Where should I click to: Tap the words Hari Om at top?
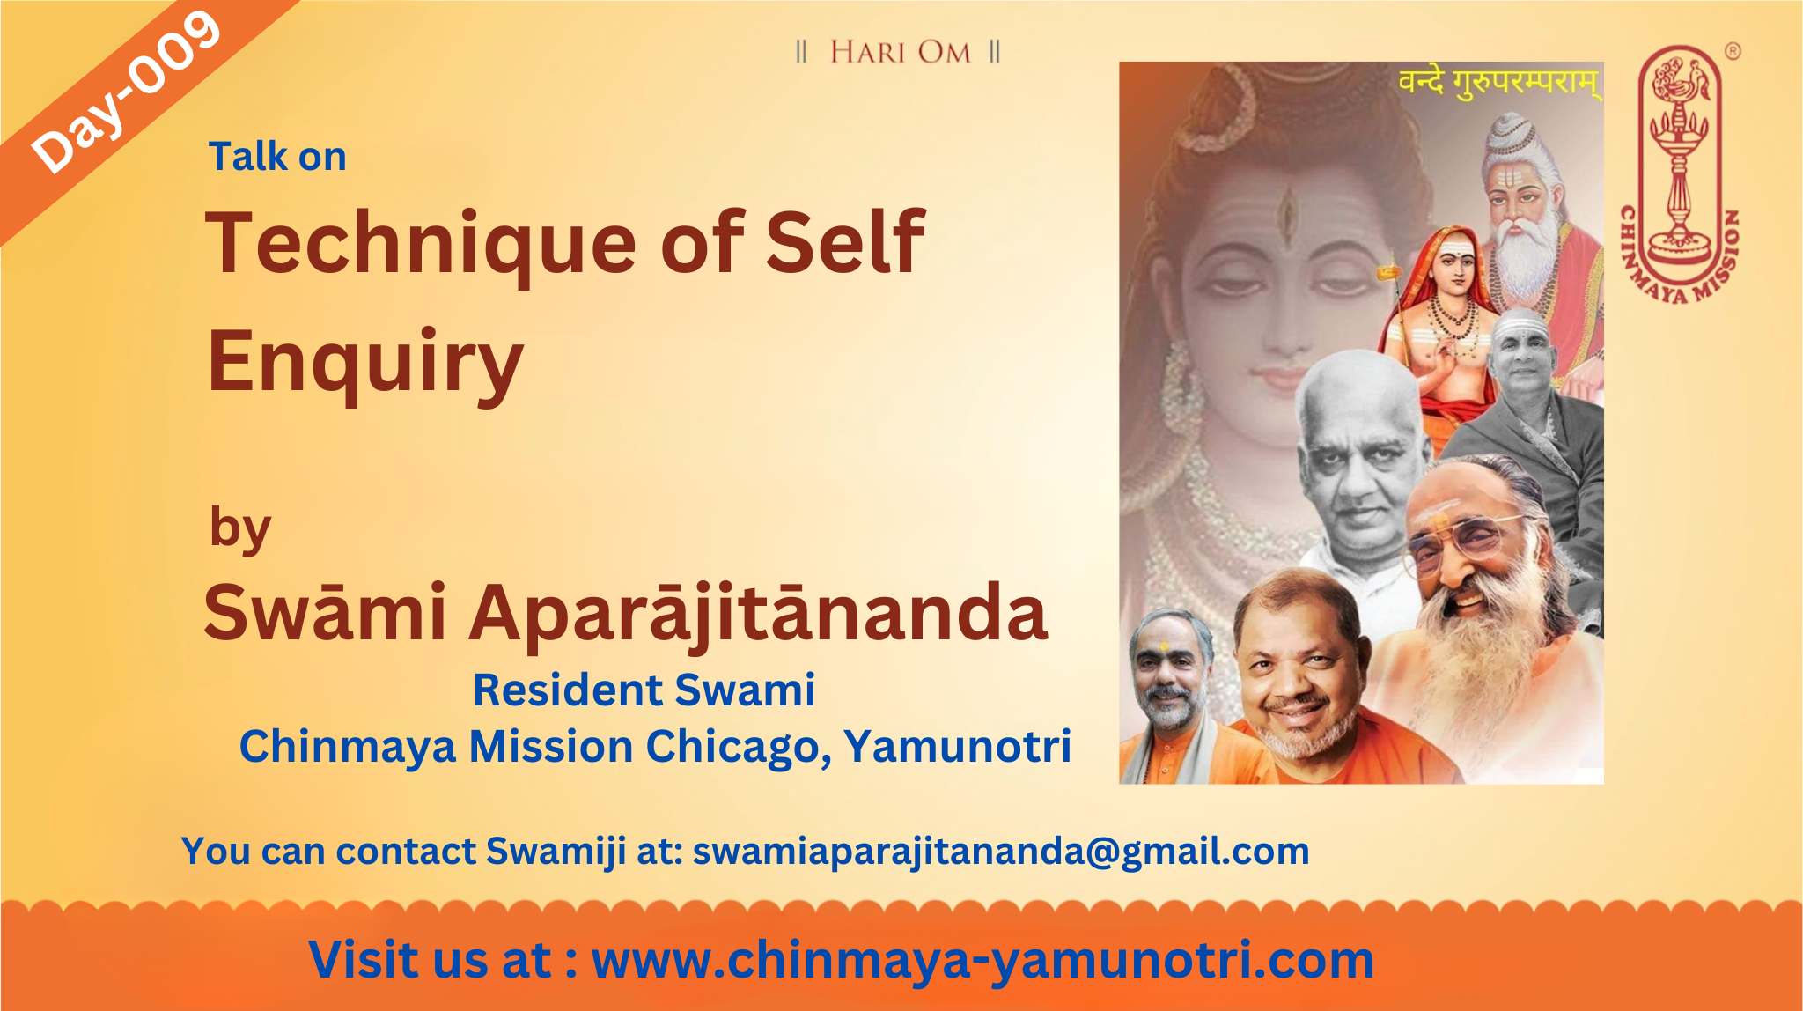point(900,53)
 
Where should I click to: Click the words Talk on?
point(277,157)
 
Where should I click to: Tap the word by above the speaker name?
point(240,529)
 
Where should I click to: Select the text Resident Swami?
point(644,690)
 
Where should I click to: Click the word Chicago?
point(738,747)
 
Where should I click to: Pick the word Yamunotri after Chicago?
point(958,746)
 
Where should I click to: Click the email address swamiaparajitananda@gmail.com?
point(1001,852)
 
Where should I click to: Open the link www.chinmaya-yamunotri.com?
point(982,960)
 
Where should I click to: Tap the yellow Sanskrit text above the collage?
point(1499,83)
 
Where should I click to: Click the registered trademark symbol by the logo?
point(1732,51)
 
